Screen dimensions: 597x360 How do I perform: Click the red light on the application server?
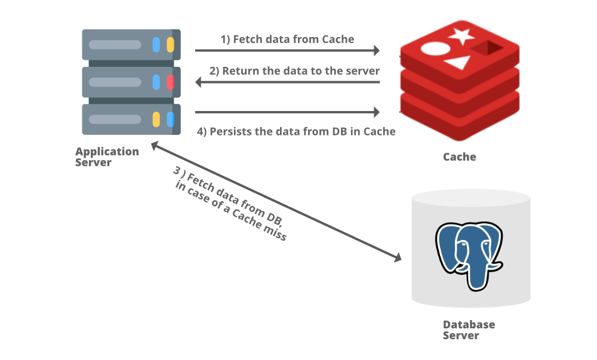170,82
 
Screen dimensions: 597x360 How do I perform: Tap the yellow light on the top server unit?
170,45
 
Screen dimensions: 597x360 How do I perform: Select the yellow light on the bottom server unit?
156,119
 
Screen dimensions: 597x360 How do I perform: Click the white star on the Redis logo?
461,36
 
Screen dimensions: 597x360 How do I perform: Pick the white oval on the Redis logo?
436,49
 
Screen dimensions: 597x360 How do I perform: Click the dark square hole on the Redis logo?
487,48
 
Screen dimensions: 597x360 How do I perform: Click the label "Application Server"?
107,157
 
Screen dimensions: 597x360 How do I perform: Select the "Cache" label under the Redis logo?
460,157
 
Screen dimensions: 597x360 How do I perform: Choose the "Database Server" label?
469,330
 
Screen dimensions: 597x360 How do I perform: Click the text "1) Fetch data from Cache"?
288,39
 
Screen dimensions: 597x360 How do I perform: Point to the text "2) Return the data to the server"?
294,71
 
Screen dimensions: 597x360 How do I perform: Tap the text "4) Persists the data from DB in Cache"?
296,132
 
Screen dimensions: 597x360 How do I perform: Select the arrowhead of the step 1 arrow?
377,50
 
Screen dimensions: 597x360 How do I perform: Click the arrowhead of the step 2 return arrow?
198,82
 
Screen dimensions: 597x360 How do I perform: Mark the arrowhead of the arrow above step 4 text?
377,112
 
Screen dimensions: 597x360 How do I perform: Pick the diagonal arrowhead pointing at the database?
398,258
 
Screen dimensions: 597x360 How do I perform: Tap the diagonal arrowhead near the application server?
155,145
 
